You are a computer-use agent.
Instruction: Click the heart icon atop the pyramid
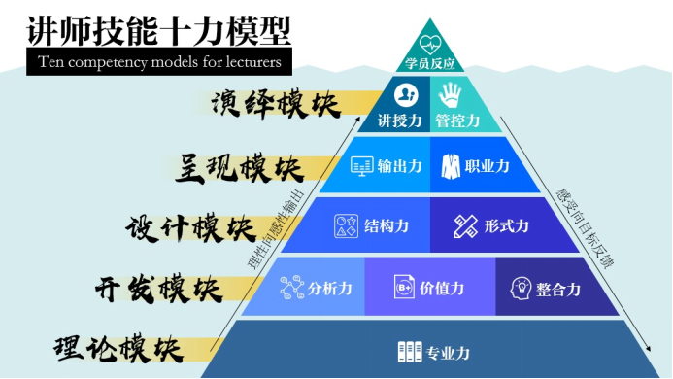click(430, 44)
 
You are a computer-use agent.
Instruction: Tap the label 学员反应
click(429, 63)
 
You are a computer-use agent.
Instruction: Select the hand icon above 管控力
click(451, 94)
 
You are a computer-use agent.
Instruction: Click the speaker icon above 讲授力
click(406, 95)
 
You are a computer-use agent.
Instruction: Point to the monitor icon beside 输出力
click(362, 166)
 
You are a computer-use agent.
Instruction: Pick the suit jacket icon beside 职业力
click(451, 166)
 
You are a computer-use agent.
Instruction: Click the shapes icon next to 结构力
click(346, 226)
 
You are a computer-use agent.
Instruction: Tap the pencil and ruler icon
click(466, 226)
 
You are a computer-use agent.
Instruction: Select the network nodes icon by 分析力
click(292, 288)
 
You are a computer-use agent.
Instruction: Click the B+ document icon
click(404, 287)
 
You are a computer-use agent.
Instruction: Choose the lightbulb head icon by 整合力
click(521, 288)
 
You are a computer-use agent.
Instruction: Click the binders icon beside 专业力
click(410, 352)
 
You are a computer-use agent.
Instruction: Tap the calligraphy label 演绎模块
click(276, 105)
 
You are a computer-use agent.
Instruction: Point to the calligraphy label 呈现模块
click(240, 168)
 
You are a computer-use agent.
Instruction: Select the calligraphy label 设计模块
click(190, 227)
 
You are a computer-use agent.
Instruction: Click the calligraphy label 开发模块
click(159, 289)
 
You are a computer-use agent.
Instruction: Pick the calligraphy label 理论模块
click(118, 349)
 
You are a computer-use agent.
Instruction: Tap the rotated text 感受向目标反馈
click(585, 228)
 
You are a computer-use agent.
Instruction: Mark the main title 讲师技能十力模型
click(159, 31)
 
